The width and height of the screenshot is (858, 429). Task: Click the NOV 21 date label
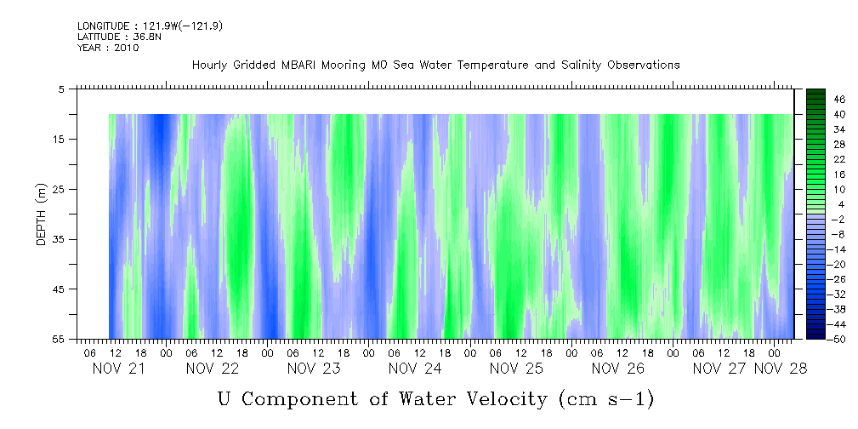[x=118, y=369]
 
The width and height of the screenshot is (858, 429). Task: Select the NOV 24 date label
[x=415, y=369]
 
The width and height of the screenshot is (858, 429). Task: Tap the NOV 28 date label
[x=781, y=369]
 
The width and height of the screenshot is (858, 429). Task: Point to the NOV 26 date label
[x=618, y=369]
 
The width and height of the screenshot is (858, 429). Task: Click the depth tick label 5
[x=62, y=89]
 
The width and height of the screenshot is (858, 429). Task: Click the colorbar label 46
[x=816, y=100]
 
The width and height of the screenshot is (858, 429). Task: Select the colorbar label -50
[x=815, y=338]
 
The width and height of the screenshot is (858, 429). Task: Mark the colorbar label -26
[x=815, y=278]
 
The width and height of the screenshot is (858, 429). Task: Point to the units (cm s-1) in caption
[x=606, y=398]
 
